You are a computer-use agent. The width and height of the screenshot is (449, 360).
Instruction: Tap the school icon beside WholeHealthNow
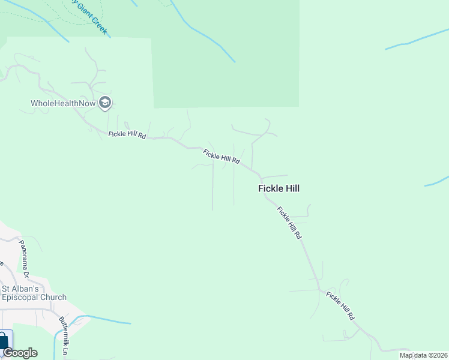coord(106,103)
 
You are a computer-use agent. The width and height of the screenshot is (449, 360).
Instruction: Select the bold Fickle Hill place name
coord(279,188)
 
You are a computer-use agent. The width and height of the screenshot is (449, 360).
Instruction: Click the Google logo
coord(20,353)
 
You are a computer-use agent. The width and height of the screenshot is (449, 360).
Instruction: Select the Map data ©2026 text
coord(424,355)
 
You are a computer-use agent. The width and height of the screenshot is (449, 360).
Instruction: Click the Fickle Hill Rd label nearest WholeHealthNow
coord(127,134)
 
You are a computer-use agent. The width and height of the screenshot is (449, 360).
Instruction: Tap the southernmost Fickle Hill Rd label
coord(340,305)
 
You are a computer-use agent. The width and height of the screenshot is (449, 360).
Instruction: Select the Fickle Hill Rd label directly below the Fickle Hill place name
coord(289,223)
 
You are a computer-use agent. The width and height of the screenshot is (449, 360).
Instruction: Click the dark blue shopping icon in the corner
coord(5,341)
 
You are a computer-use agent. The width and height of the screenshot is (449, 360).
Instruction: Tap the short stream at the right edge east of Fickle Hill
coord(438,181)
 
